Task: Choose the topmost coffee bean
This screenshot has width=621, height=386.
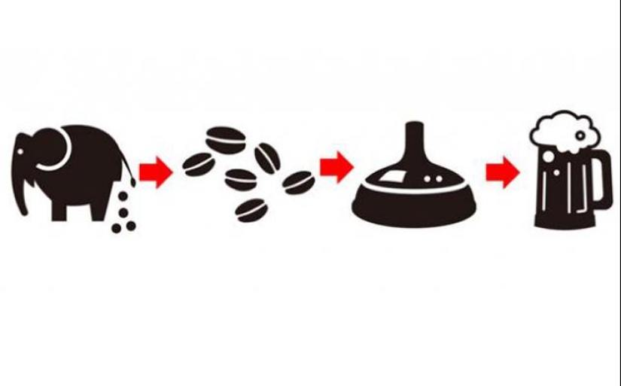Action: (x=227, y=140)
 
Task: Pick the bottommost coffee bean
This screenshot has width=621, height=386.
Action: (x=251, y=209)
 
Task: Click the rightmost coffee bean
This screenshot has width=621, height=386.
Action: (x=299, y=181)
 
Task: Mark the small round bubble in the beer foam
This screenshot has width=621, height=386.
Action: (x=580, y=135)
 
